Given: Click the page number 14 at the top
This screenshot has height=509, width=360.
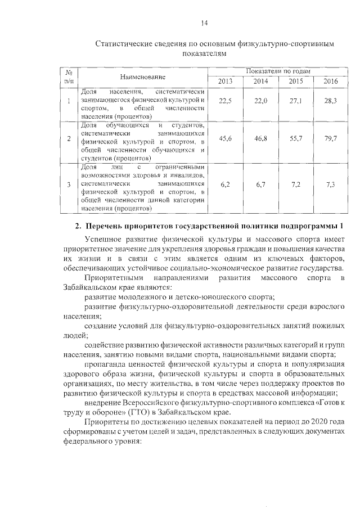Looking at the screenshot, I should tap(205, 22).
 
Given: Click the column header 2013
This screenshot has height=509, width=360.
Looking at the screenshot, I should tap(225, 82).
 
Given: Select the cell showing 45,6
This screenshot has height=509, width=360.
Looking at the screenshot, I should tap(225, 138).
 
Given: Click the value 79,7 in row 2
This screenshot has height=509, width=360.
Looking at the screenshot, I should tap(331, 138).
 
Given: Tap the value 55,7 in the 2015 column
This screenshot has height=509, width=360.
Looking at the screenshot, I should tap(296, 138).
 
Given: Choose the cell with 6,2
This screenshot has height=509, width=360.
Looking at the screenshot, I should tap(225, 184).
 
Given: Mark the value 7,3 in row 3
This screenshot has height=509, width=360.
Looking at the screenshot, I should tap(331, 184).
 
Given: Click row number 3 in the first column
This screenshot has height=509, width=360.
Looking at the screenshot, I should tap(68, 184).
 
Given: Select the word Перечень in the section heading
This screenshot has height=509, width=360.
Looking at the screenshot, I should tap(109, 226).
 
